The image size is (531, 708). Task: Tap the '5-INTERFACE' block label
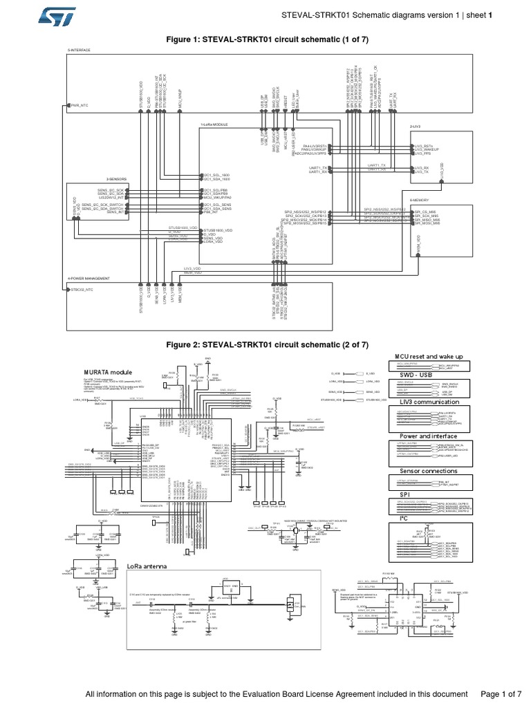[x=79, y=51]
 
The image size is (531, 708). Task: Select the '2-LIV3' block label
[x=416, y=127]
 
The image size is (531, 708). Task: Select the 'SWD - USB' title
[x=412, y=375]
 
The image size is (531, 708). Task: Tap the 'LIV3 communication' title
[x=429, y=402]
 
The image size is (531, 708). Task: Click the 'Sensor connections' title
[x=428, y=471]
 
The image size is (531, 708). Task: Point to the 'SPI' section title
[x=404, y=495]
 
